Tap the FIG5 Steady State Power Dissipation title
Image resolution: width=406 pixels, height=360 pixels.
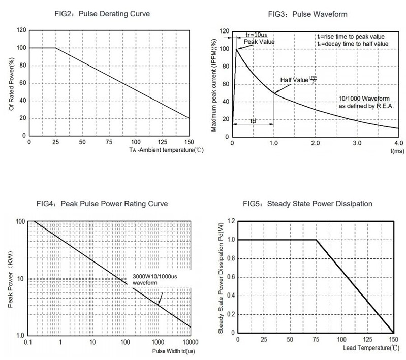(x=307, y=204)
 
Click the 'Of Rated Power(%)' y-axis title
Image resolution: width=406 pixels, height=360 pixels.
(x=12, y=83)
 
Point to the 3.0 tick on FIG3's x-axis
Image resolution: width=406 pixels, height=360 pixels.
(x=357, y=143)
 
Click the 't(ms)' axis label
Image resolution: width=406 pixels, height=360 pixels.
(x=397, y=151)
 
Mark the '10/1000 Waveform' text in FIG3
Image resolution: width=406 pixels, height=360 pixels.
(x=364, y=98)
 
